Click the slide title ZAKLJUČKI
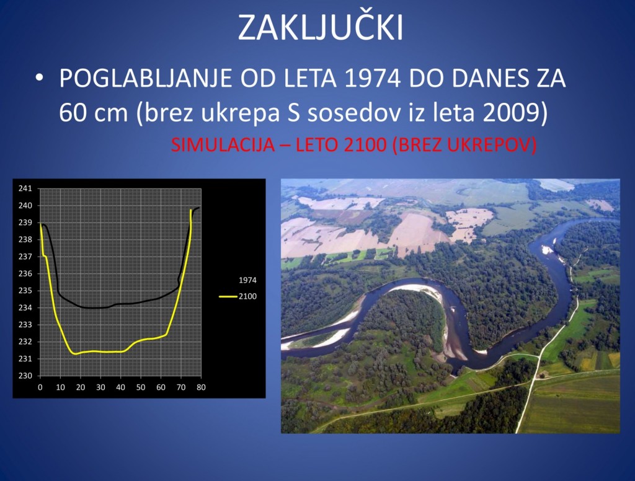(321, 27)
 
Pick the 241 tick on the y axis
(25, 188)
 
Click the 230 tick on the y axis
(25, 376)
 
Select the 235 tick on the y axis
(25, 291)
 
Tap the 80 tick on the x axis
(201, 387)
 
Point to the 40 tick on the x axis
(120, 387)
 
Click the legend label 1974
(247, 281)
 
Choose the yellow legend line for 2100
(228, 297)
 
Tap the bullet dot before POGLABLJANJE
(40, 79)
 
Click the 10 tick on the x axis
(60, 387)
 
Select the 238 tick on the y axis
(25, 239)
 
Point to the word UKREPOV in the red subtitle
(495, 146)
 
